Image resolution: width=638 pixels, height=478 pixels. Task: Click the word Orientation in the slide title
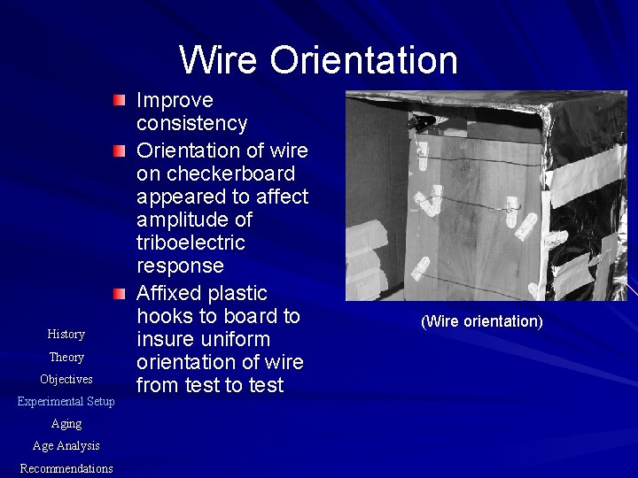364,60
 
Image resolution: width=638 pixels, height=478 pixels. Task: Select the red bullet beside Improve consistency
121,102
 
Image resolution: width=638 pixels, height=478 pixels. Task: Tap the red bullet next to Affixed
121,293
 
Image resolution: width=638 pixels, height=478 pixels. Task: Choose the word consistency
192,123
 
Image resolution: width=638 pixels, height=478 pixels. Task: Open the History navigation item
66,335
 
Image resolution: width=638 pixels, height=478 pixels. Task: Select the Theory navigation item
66,358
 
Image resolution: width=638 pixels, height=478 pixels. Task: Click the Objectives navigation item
66,380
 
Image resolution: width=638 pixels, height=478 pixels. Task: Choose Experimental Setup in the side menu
66,402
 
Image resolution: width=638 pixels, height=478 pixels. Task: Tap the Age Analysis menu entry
66,446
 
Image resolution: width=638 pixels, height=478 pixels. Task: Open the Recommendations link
66,468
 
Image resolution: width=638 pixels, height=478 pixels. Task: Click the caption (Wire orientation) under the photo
481,320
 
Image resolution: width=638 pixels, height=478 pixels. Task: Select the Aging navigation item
66,424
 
